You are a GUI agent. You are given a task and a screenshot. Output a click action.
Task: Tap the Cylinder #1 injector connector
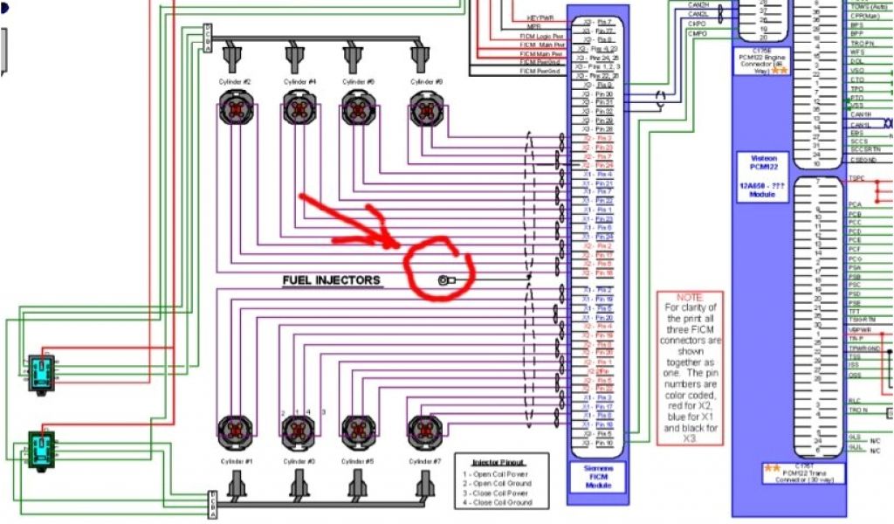click(x=235, y=430)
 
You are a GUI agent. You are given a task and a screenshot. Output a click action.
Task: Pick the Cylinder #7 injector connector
click(x=426, y=430)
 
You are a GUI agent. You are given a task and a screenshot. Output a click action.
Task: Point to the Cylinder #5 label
click(x=359, y=461)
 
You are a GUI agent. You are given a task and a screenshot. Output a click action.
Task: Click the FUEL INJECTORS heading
click(x=331, y=280)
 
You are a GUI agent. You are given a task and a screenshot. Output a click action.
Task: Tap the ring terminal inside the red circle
click(x=444, y=280)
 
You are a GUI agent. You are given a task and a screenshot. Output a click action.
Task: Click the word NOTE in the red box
click(x=689, y=298)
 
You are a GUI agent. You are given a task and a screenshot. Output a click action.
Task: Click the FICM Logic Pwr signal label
click(x=538, y=36)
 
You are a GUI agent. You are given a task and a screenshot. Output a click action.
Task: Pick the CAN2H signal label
click(x=698, y=4)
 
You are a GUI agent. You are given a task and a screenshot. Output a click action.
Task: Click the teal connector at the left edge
click(x=40, y=370)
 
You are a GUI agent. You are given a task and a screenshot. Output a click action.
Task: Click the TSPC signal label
click(x=856, y=179)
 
